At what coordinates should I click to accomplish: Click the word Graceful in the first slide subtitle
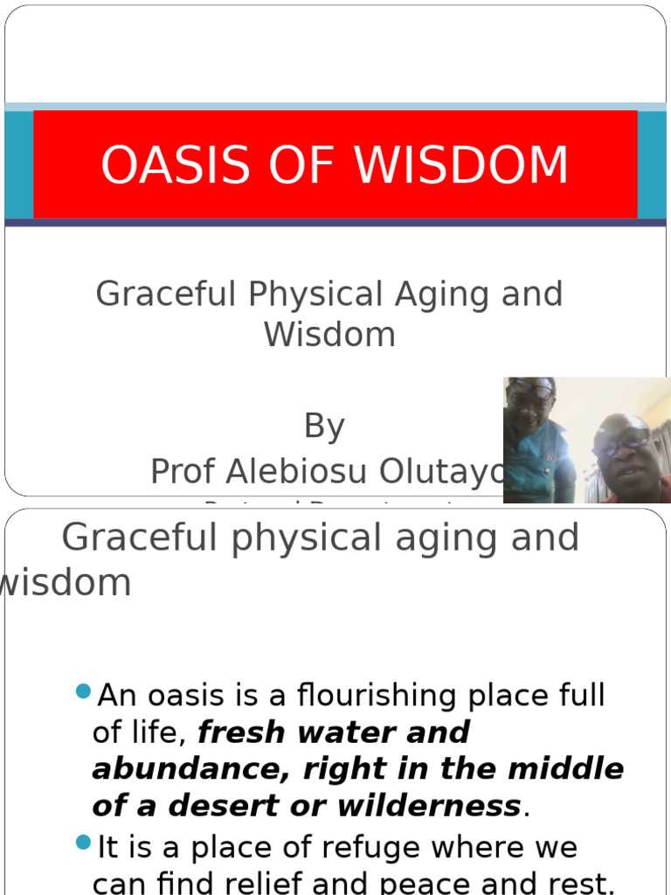click(166, 295)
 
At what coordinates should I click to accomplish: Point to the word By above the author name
click(324, 427)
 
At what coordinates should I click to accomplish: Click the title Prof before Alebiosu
click(183, 472)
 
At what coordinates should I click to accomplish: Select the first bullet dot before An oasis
click(84, 692)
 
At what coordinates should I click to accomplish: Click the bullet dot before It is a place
click(84, 843)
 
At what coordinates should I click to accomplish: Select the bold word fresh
click(239, 732)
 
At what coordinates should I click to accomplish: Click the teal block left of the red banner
click(18, 165)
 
